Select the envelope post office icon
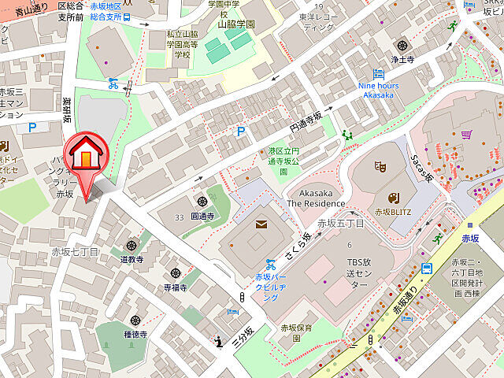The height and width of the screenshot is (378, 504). tap(261, 226)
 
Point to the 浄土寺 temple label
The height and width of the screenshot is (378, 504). tap(403, 58)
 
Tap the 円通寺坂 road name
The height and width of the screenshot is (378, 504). tap(306, 121)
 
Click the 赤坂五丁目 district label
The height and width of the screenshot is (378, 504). tap(340, 224)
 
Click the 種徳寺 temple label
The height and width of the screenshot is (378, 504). tap(135, 333)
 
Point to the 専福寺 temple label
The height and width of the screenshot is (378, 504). tap(175, 288)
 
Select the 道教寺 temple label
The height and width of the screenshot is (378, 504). tap(132, 259)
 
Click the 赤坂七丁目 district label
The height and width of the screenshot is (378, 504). tap(75, 251)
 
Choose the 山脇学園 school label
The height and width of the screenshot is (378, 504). tap(236, 24)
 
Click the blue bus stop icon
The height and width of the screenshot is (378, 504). tap(426, 268)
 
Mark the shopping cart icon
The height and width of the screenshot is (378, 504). tap(466, 134)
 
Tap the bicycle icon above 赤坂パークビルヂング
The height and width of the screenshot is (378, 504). tap(270, 263)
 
